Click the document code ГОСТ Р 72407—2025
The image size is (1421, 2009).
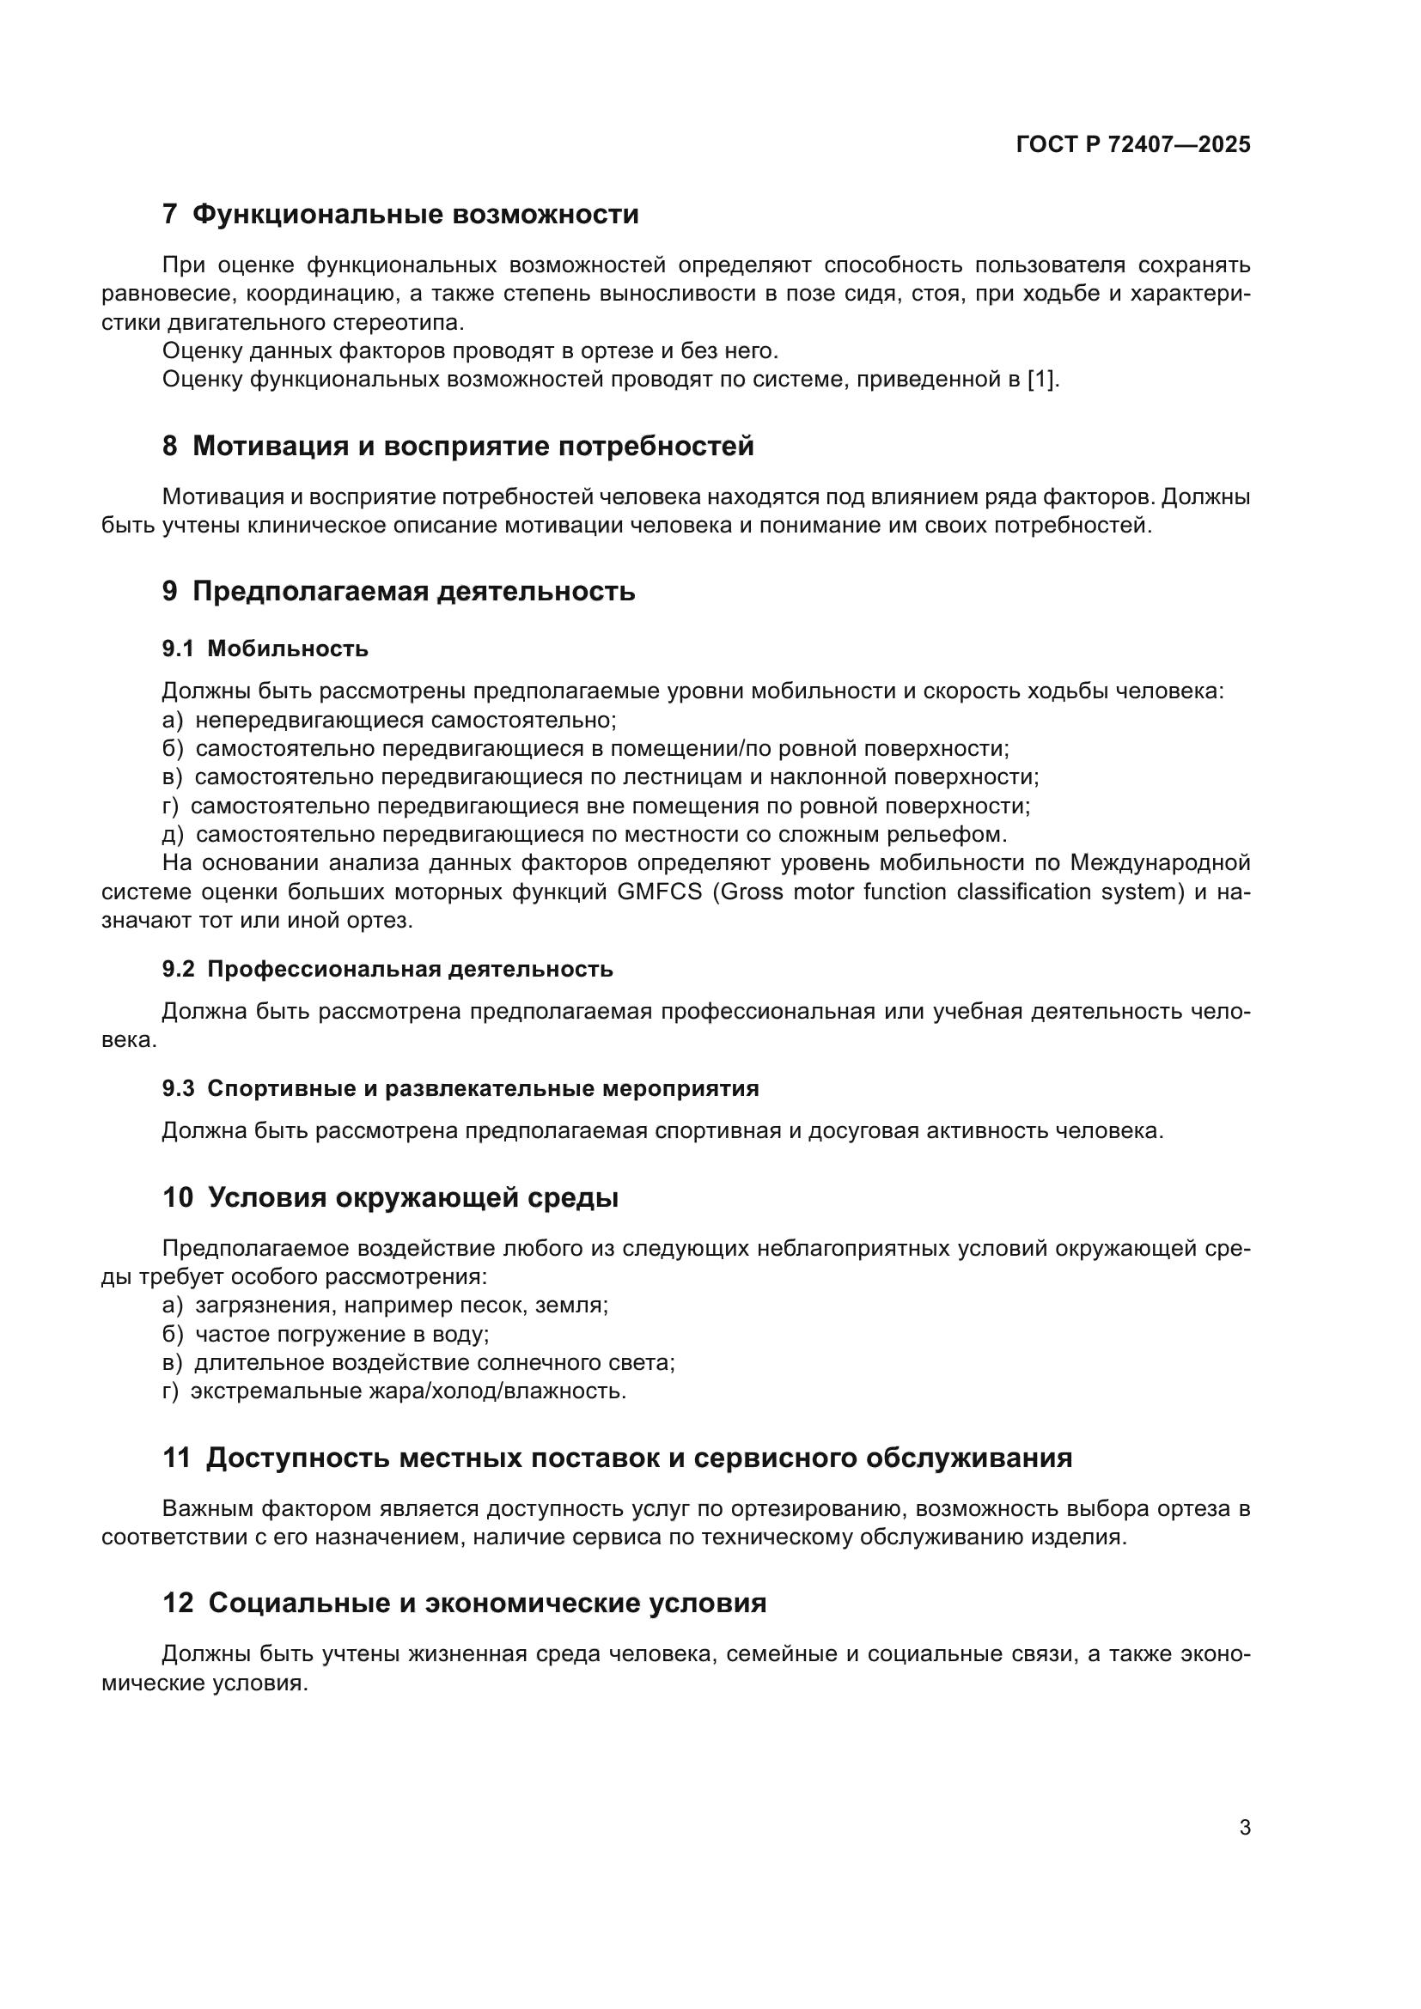pos(1133,145)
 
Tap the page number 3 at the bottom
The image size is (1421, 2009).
pos(1244,1827)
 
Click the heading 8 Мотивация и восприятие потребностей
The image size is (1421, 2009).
pos(458,447)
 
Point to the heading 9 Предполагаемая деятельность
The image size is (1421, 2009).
pos(398,592)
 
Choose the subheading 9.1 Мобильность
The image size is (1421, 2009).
pos(265,648)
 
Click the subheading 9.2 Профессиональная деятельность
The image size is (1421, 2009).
pos(387,969)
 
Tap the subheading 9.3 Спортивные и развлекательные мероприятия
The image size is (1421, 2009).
pos(460,1088)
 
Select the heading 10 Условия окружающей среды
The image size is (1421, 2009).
pos(390,1198)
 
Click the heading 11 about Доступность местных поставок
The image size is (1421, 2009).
pos(617,1458)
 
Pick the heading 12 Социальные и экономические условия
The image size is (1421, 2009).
pos(464,1603)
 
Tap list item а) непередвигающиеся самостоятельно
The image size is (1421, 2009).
pos(389,720)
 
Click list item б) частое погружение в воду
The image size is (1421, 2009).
pos(326,1335)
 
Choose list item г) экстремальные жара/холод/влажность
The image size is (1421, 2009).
pos(393,1391)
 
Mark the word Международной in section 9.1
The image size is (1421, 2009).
pos(1159,862)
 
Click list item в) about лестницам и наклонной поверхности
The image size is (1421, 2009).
pos(601,777)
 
